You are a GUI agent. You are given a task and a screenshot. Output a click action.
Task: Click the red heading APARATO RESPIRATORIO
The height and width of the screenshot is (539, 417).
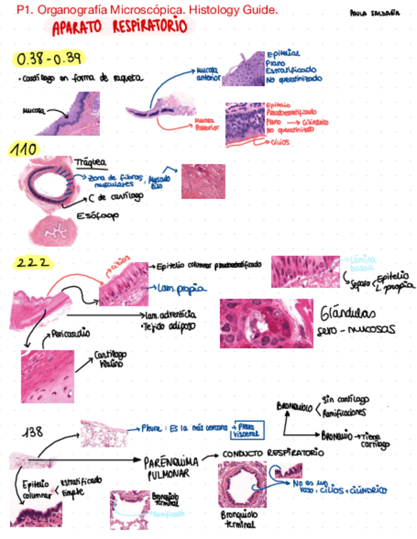(120, 27)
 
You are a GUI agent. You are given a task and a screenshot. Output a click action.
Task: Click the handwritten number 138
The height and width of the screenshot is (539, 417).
(33, 432)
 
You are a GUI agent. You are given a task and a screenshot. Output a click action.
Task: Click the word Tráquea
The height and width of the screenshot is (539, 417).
(90, 162)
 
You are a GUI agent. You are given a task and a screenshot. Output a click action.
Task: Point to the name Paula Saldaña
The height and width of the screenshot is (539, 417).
(375, 13)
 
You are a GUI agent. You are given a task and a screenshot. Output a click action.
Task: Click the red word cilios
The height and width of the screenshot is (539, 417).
(280, 142)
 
